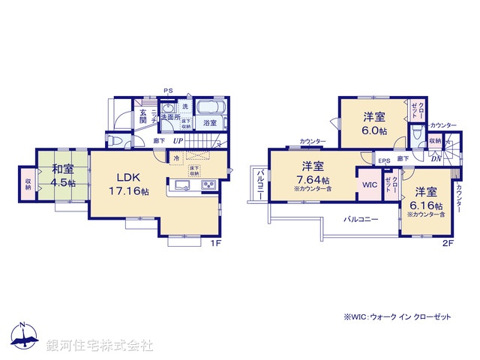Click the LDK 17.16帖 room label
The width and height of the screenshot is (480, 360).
click(x=133, y=184)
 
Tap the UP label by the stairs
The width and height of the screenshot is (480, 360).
click(x=178, y=139)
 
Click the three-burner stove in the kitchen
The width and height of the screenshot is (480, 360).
click(x=206, y=185)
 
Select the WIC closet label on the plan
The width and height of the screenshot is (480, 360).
click(x=369, y=183)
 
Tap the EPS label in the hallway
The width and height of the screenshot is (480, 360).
click(x=383, y=160)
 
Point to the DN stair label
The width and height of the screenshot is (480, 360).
click(x=436, y=158)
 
